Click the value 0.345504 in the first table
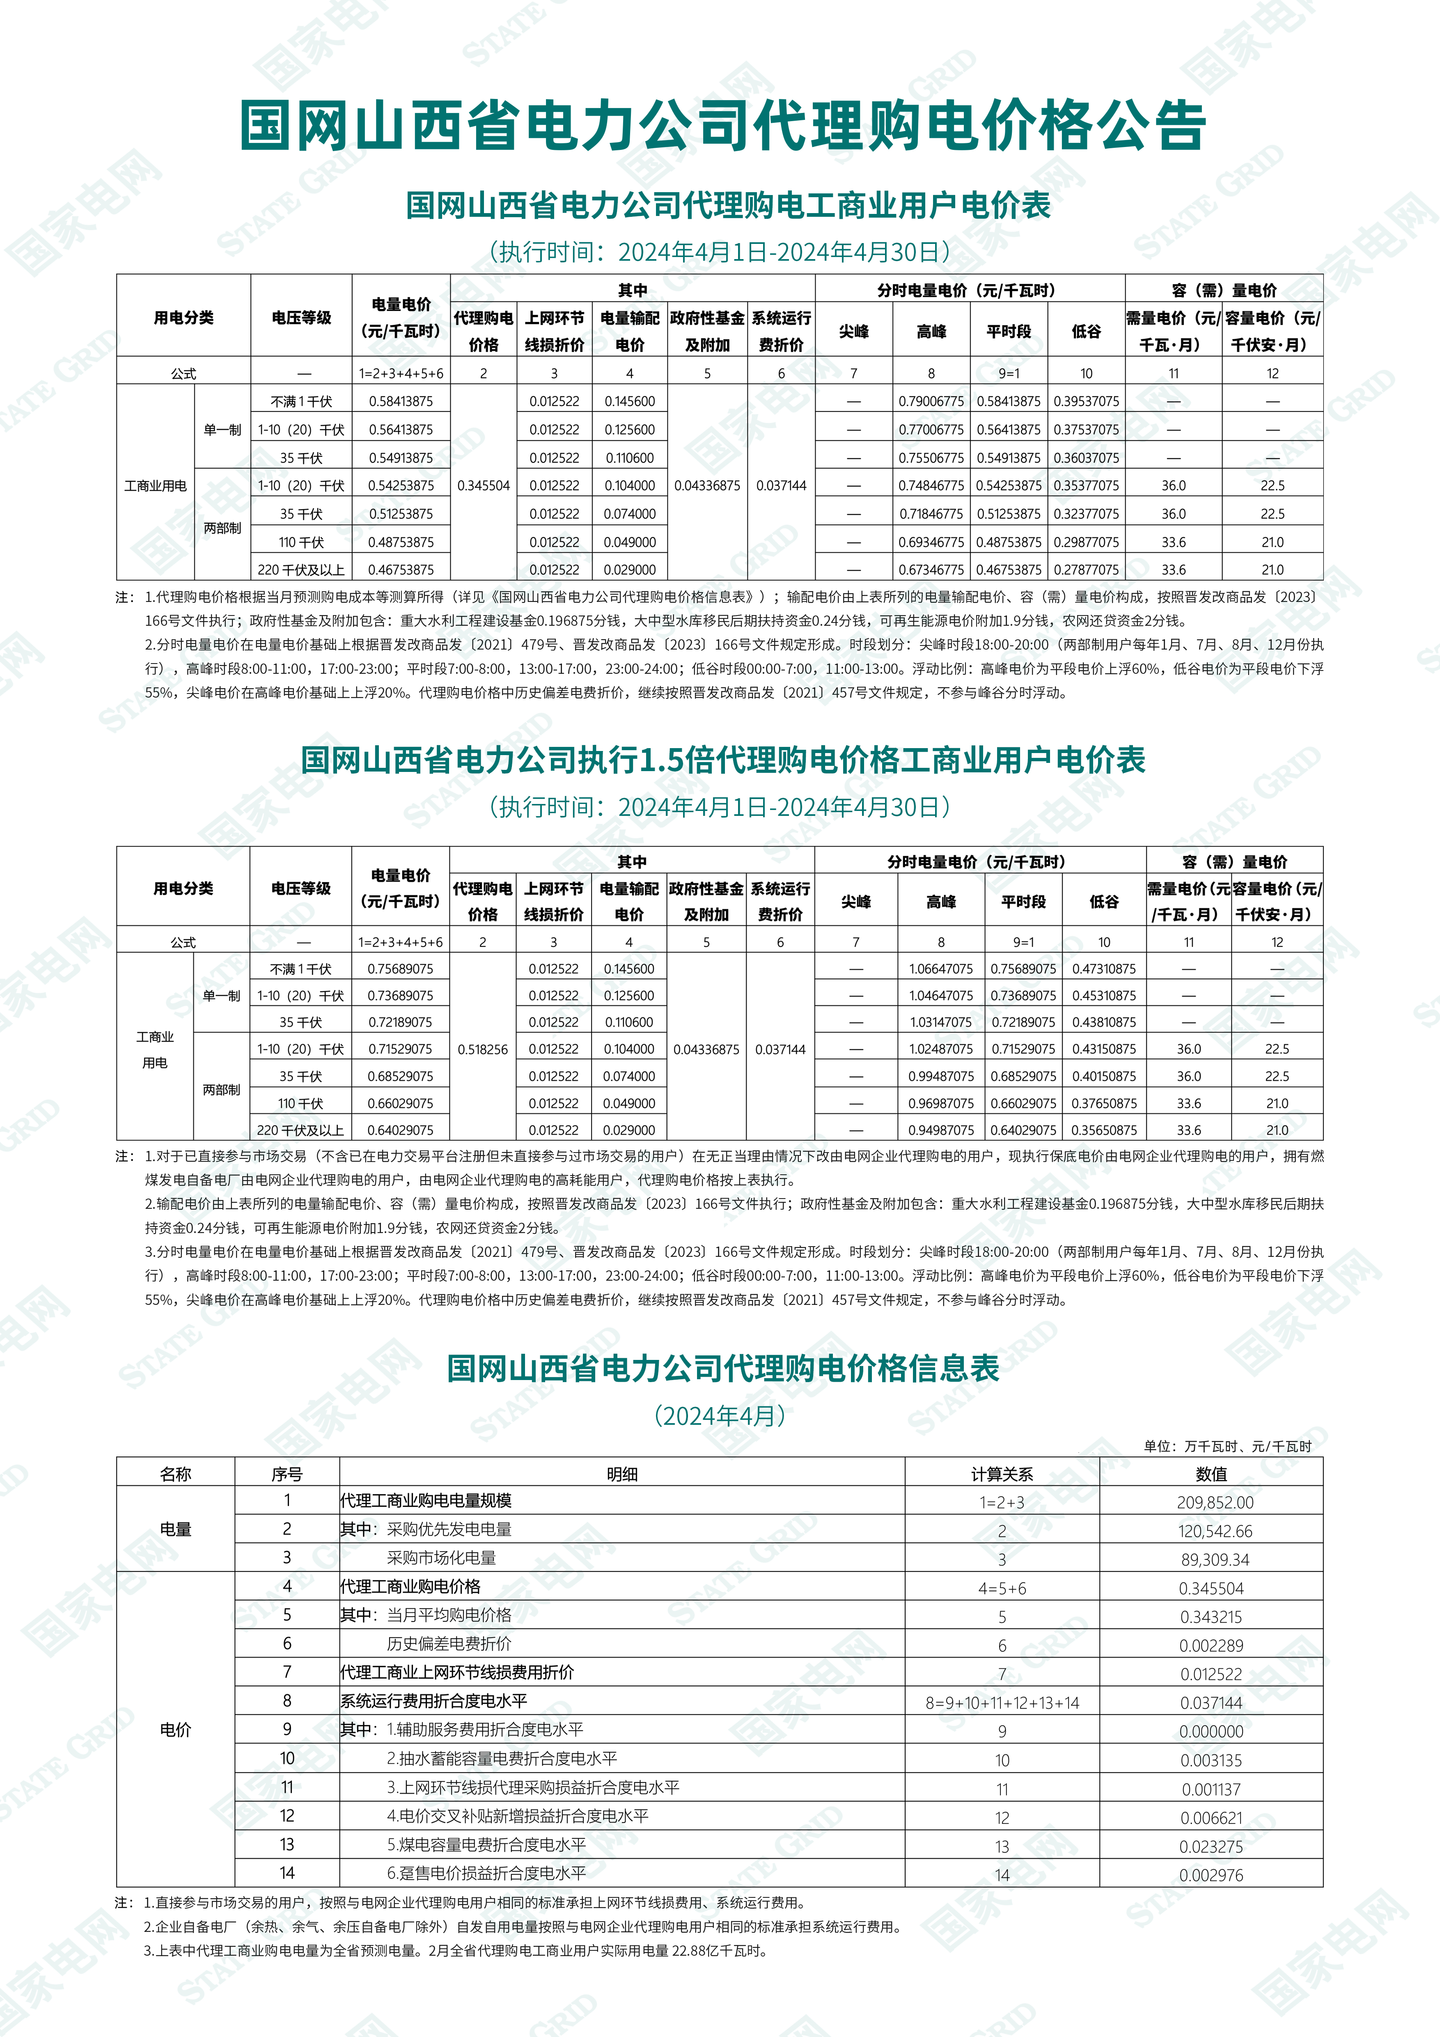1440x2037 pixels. pos(483,485)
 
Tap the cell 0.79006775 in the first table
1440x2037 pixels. pos(931,401)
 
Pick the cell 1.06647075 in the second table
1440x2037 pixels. pos(941,969)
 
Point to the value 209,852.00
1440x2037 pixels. pos(1211,1502)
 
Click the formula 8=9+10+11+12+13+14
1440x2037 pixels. pos(1002,1702)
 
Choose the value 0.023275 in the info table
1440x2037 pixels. pos(1211,1846)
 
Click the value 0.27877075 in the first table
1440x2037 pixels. pos(1086,570)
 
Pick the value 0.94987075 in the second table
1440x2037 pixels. pos(941,1130)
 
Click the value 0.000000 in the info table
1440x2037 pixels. pos(1211,1731)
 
